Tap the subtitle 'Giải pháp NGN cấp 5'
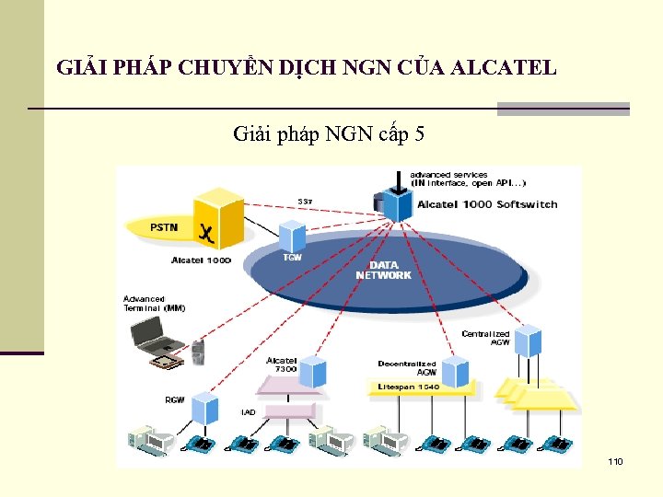pos(329,134)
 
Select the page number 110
pos(616,460)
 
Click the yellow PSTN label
pos(165,226)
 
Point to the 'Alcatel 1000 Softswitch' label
pos(487,204)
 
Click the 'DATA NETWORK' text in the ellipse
pos(383,270)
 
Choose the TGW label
pos(292,257)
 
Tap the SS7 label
pos(304,202)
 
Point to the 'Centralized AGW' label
pos(485,338)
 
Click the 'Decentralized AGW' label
pos(407,368)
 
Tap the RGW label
pos(174,399)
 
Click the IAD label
pos(249,411)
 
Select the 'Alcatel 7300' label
pos(282,364)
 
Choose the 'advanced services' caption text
pos(469,178)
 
